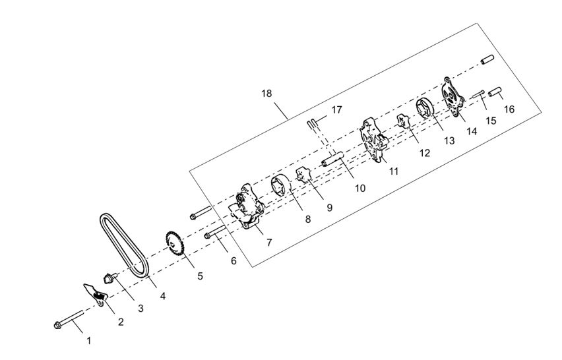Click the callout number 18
pyautogui.click(x=266, y=94)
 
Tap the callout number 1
pyautogui.click(x=89, y=341)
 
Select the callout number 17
pyautogui.click(x=336, y=109)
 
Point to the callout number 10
pyautogui.click(x=359, y=188)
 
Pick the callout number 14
pyautogui.click(x=471, y=132)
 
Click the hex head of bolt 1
pyautogui.click(x=57, y=324)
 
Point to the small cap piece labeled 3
pyautogui.click(x=109, y=275)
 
